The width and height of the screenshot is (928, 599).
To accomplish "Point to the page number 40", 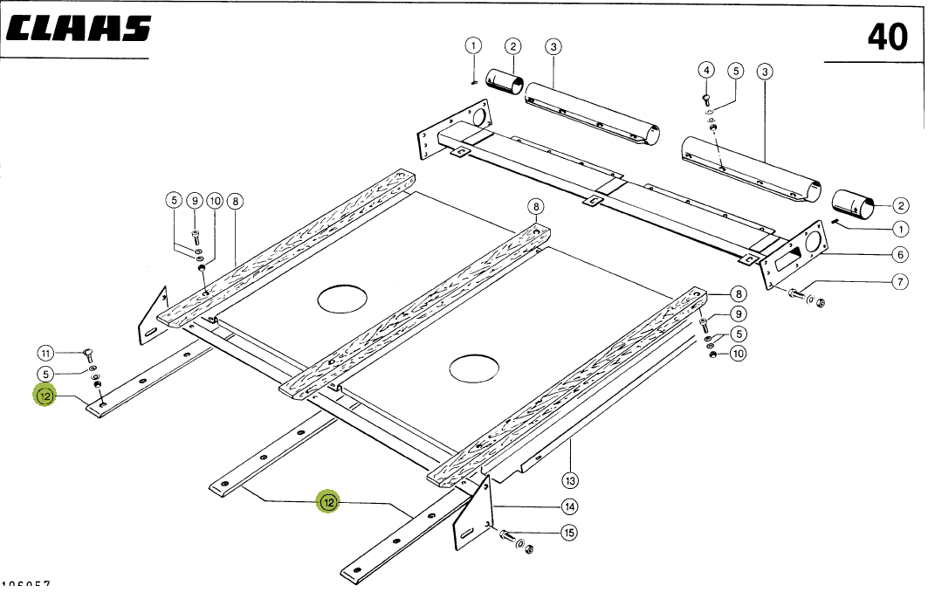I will coord(887,37).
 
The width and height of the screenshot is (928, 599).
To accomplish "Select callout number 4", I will coord(706,70).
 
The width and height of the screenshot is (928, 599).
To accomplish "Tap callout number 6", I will coord(900,255).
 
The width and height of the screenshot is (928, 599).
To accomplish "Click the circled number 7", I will coord(900,281).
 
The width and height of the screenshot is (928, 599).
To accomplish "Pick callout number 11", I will coord(45,353).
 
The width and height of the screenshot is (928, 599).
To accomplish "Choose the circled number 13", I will coord(570,479).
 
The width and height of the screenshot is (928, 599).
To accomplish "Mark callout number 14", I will coord(569,506).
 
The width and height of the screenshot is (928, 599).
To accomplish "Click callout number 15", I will coord(569,532).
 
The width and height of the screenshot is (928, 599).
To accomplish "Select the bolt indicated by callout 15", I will coord(508,536).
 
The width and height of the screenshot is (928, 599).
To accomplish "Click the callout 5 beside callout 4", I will coord(735,70).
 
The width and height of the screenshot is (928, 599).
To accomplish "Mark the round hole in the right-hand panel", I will coord(474,368).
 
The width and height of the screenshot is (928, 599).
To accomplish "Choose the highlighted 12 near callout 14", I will coord(328,502).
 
